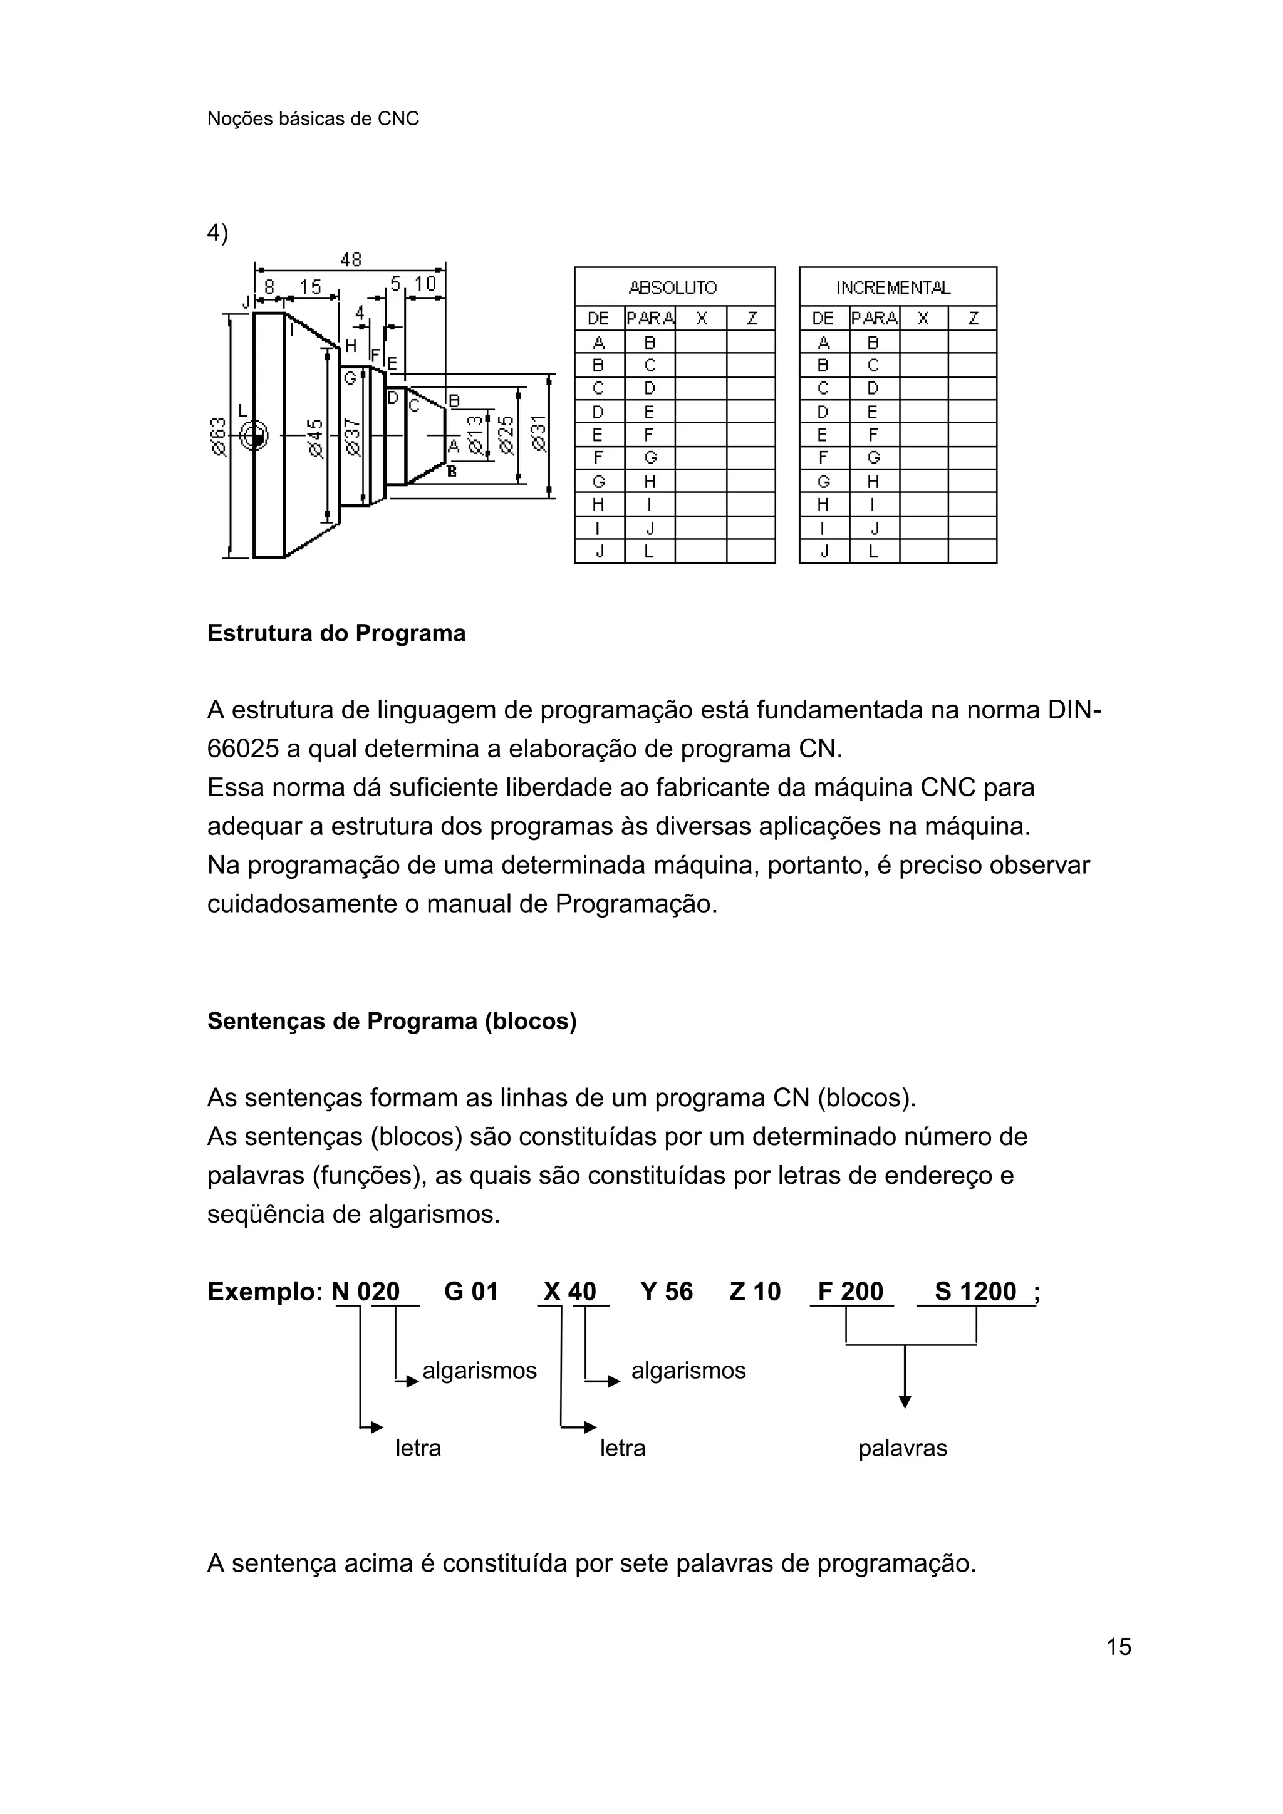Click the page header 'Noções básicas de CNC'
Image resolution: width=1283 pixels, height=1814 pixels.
click(313, 118)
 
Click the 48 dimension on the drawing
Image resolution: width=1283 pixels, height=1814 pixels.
click(350, 259)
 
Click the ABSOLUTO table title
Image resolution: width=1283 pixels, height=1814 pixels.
click(673, 288)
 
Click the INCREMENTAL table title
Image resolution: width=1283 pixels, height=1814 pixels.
click(893, 288)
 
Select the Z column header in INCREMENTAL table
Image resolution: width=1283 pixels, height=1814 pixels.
click(972, 318)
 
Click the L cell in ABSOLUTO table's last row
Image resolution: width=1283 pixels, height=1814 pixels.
click(650, 551)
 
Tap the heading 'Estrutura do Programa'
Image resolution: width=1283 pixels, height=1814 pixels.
click(336, 634)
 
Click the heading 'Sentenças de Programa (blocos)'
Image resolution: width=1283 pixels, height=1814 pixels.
click(392, 1022)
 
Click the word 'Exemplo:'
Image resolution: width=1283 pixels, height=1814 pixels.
click(264, 1292)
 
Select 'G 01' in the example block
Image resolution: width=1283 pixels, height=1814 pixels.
click(471, 1292)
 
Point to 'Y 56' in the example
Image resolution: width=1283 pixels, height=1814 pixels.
click(666, 1292)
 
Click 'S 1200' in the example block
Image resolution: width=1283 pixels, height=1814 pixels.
click(975, 1292)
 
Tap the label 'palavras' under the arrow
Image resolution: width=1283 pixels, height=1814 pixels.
click(902, 1448)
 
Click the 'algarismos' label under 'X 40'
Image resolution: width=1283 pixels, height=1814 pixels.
click(688, 1370)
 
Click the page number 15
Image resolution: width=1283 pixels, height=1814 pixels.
click(1119, 1647)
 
